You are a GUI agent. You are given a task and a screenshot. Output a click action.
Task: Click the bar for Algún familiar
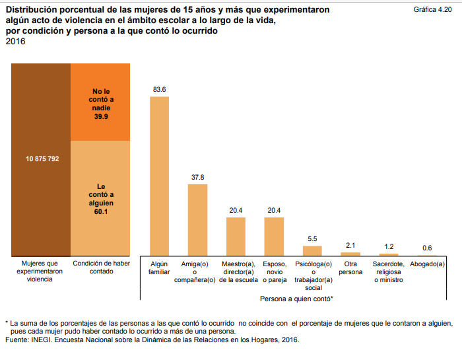click(159, 176)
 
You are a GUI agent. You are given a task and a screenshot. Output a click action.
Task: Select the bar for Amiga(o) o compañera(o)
click(197, 219)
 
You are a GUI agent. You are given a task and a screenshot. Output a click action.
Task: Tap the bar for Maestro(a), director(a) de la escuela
click(236, 236)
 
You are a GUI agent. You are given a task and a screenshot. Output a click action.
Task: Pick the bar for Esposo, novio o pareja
click(274, 236)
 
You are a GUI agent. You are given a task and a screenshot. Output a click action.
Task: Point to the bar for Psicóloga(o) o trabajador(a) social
click(312, 250)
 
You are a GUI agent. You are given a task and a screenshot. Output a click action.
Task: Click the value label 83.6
click(159, 89)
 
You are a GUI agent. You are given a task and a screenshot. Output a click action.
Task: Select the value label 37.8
click(197, 177)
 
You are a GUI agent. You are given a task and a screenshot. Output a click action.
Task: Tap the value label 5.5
click(312, 238)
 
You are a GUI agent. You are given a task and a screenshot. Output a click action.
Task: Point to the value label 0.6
click(427, 248)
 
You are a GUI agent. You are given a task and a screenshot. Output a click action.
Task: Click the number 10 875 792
click(42, 159)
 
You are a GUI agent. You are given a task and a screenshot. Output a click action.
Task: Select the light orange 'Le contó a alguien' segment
click(100, 198)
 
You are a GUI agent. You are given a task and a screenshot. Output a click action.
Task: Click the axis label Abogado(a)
click(427, 264)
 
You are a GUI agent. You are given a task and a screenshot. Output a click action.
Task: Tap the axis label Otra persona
click(350, 268)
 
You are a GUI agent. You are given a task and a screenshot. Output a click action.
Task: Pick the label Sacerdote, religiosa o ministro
click(389, 271)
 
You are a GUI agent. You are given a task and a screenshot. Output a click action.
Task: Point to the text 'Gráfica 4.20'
click(432, 11)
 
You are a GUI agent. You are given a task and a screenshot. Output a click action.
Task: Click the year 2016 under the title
click(15, 42)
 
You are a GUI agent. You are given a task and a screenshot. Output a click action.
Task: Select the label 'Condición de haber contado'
click(100, 268)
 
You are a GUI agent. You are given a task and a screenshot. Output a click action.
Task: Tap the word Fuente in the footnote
click(16, 340)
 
